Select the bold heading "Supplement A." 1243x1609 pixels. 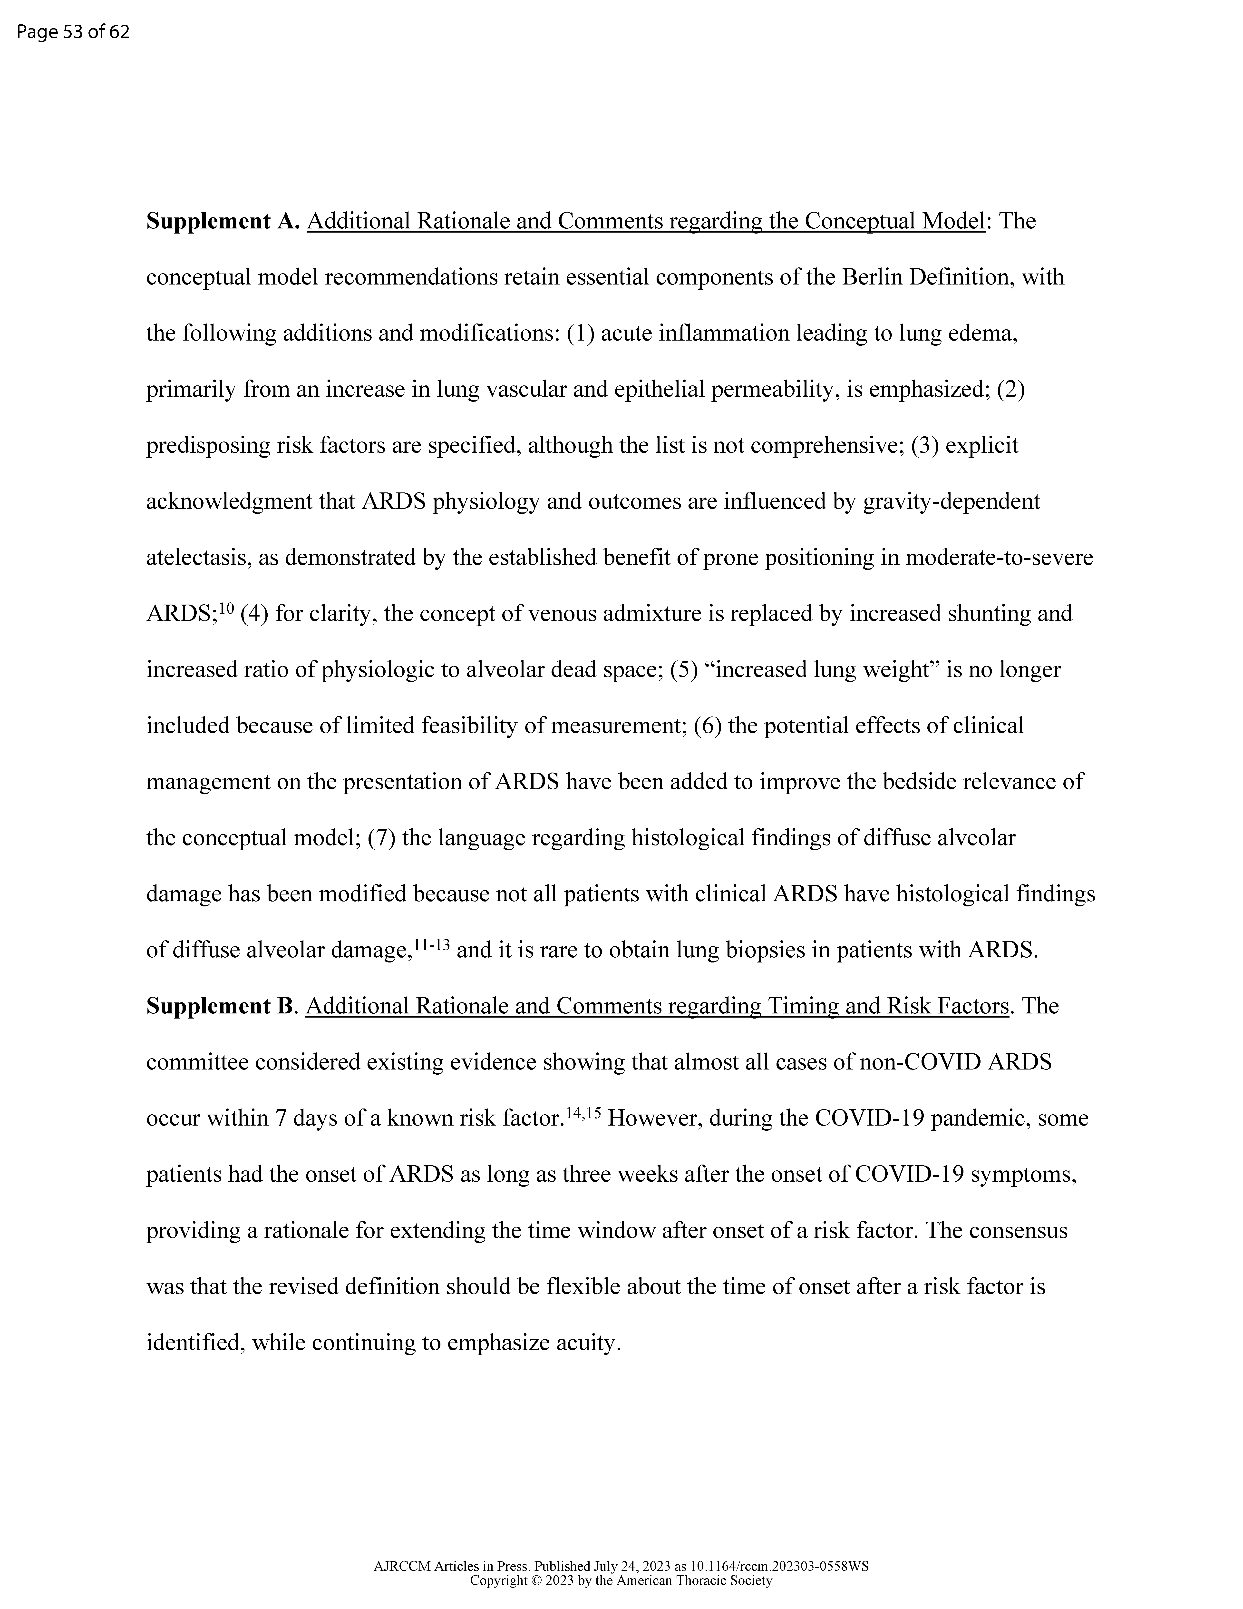coord(222,221)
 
